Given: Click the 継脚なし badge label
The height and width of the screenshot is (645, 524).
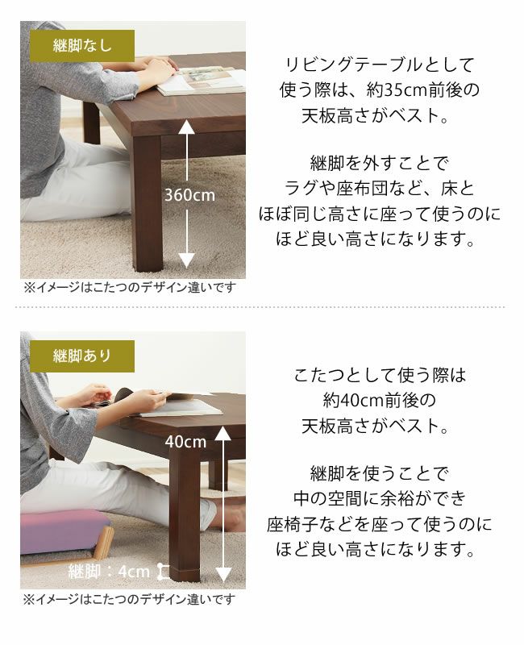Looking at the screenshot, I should pyautogui.click(x=82, y=46).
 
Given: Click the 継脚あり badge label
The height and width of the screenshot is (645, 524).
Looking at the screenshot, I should pyautogui.click(x=82, y=356).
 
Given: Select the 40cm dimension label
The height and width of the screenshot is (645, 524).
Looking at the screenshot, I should pyautogui.click(x=185, y=442).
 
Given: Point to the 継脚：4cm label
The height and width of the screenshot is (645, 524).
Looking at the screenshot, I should pyautogui.click(x=110, y=572).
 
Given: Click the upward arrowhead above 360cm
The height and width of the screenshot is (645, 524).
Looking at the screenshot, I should pyautogui.click(x=186, y=127).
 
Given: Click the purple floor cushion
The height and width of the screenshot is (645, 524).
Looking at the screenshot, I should pyautogui.click(x=64, y=532).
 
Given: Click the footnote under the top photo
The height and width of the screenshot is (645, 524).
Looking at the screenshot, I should pyautogui.click(x=129, y=288).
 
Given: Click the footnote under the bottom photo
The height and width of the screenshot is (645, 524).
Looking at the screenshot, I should pyautogui.click(x=129, y=599).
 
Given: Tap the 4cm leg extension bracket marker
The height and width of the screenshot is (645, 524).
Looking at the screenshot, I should pyautogui.click(x=164, y=572).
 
